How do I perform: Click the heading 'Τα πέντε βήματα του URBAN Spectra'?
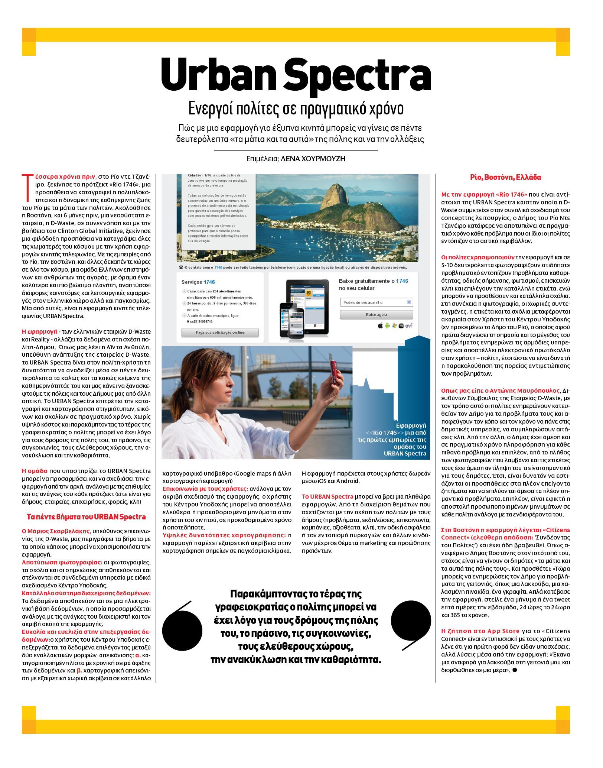tap(86, 517)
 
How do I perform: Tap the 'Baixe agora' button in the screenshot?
tap(376, 315)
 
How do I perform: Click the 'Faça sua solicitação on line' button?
tap(220, 332)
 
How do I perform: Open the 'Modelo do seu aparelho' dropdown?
tap(376, 302)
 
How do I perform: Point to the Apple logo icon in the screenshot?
tap(380, 326)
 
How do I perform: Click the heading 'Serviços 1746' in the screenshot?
tap(198, 282)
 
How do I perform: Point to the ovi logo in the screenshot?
tap(408, 326)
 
